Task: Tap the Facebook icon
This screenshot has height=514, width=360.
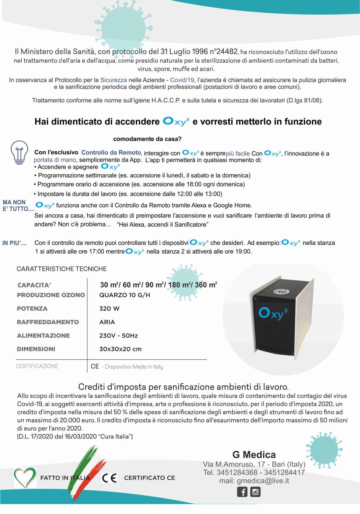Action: (x=242, y=492)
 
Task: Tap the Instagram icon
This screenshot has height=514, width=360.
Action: (x=255, y=492)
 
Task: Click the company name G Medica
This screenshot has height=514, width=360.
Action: (x=254, y=455)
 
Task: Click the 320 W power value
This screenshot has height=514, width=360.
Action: (x=109, y=309)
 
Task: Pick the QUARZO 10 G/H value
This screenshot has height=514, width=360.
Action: (x=125, y=295)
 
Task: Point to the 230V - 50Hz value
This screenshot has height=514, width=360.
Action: (x=118, y=336)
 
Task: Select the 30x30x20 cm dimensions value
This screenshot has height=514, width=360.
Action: (x=120, y=349)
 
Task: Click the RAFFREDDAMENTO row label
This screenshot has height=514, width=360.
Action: (x=48, y=322)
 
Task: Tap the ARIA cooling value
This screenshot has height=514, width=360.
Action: (x=107, y=322)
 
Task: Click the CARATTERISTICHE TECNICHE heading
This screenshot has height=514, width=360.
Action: (x=61, y=269)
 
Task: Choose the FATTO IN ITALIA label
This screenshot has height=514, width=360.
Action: (x=65, y=478)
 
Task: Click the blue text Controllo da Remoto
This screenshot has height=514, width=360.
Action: (x=111, y=153)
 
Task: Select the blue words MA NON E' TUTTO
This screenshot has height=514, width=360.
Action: (x=18, y=206)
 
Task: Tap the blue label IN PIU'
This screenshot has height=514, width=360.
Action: (x=15, y=243)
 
